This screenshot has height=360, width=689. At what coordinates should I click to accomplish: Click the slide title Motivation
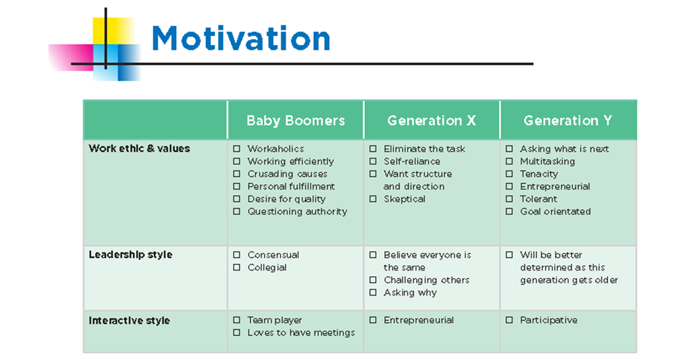point(241,38)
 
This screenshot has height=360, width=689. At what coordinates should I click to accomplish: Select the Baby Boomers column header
point(296,120)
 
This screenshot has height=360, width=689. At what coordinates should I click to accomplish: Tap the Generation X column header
point(432,120)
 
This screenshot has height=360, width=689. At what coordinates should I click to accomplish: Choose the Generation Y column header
point(567,120)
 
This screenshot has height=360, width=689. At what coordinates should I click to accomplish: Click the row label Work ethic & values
point(139,148)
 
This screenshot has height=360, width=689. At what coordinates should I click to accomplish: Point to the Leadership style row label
point(130,255)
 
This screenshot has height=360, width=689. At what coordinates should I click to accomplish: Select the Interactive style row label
point(129,321)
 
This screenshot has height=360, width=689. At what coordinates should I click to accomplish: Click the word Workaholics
point(276,149)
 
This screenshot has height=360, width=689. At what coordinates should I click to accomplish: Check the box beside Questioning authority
point(237,212)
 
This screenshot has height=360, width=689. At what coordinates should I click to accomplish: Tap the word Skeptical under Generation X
point(405,199)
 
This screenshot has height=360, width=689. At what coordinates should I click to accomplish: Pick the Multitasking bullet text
point(547,162)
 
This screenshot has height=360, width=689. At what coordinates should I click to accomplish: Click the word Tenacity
point(539,174)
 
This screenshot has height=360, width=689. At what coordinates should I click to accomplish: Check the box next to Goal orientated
point(509,212)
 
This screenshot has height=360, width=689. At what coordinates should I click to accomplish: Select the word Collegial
point(267,267)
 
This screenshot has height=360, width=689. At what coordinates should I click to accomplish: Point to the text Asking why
point(410,292)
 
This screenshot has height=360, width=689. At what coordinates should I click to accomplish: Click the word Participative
point(549,320)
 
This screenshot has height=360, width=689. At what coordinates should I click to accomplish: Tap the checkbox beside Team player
point(237,320)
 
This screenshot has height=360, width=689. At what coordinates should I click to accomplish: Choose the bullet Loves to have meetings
point(301,332)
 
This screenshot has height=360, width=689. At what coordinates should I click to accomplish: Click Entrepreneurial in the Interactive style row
point(419,320)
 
